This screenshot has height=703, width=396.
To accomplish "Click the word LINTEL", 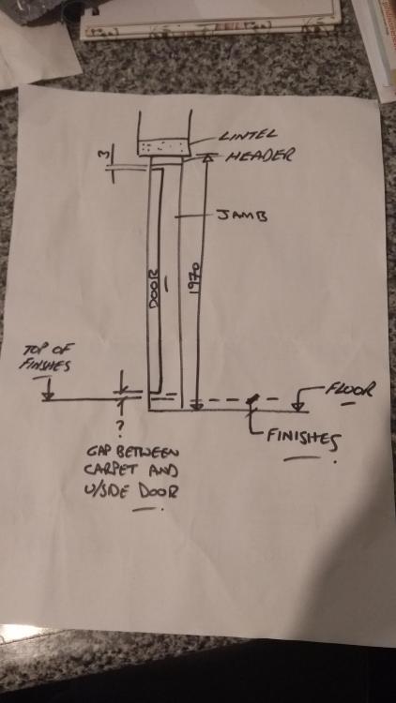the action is point(248,134).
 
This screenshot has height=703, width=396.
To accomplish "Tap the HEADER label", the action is point(260,156).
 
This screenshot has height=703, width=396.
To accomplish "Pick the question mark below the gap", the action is point(120,429).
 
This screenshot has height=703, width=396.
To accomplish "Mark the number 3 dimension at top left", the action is point(102,155).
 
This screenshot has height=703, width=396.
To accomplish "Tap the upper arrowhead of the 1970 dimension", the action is point(207,157).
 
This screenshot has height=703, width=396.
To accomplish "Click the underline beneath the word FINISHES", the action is point(303,458).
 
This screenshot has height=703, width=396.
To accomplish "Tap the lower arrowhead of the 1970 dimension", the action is point(195,406).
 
